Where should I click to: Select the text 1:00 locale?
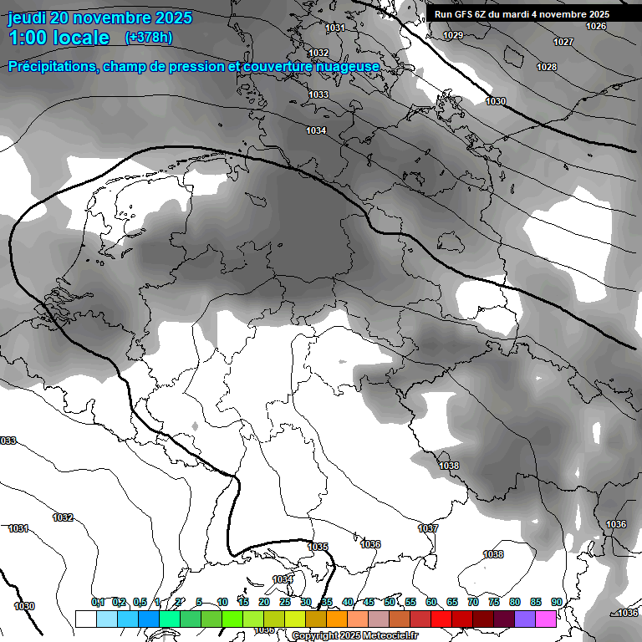pyautogui.click(x=59, y=38)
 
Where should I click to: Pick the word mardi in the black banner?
pyautogui.click(x=526, y=14)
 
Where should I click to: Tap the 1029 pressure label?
pyautogui.click(x=453, y=35)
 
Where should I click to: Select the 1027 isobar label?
pyautogui.click(x=563, y=42)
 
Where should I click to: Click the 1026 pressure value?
pyautogui.click(x=596, y=26)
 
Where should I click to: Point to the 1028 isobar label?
pyautogui.click(x=547, y=67)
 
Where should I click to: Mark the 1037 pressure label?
pyautogui.click(x=428, y=528)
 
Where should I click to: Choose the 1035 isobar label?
pyautogui.click(x=318, y=547)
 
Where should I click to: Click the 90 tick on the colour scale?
pyautogui.click(x=556, y=602)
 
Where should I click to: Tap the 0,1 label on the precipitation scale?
pyautogui.click(x=98, y=602)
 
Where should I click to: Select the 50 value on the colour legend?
pyautogui.click(x=390, y=602)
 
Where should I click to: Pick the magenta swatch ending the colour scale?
pyautogui.click(x=546, y=619)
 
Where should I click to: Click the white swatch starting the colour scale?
pyautogui.click(x=85, y=619)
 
